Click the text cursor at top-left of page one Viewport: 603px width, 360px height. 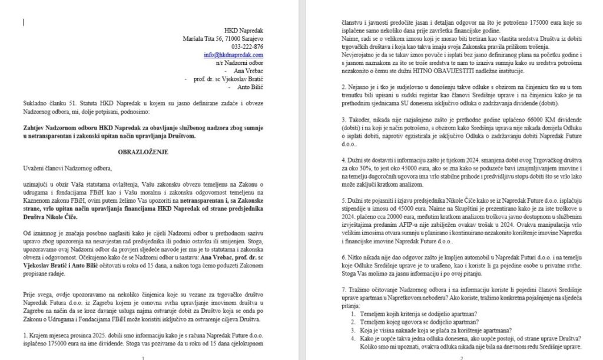click(24, 22)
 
